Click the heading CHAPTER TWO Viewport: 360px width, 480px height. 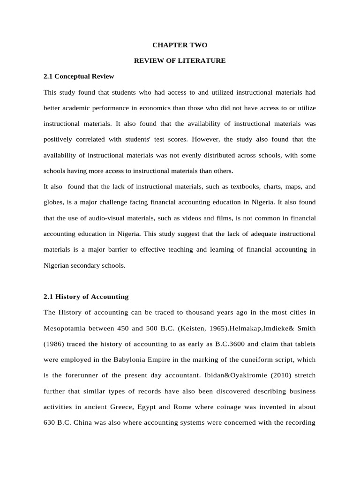180,45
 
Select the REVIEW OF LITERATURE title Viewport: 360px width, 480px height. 180,60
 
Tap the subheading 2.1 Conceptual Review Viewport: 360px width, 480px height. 79,76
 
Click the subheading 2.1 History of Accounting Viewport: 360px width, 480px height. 86,297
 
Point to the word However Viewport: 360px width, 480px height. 205,139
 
